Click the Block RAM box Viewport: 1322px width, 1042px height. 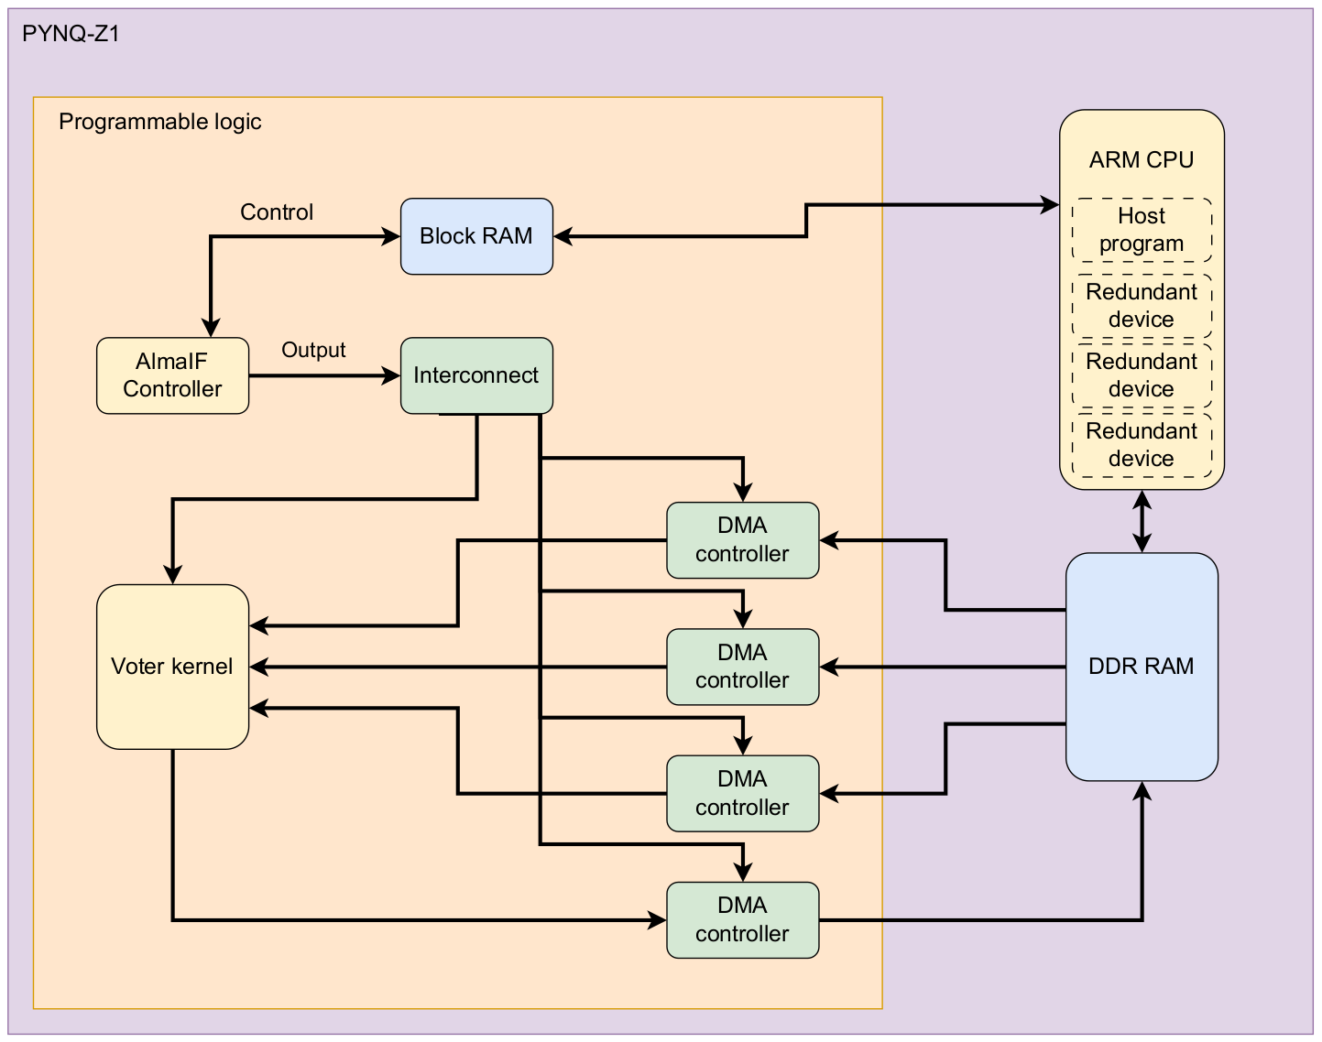tap(476, 236)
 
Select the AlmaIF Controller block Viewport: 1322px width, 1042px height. tap(172, 375)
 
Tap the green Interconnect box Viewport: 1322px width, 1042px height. tap(476, 375)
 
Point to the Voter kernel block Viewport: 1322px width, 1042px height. tap(172, 667)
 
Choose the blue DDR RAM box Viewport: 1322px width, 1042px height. tap(1142, 667)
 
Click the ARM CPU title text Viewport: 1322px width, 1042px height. tap(1142, 160)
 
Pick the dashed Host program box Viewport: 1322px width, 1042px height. tap(1142, 230)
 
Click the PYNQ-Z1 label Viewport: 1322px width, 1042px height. tap(71, 34)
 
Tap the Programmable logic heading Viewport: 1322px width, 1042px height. tap(160, 122)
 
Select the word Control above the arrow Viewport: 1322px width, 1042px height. tap(277, 212)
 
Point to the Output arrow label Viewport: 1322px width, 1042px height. tap(313, 350)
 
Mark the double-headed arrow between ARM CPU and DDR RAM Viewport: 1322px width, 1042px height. tap(1142, 521)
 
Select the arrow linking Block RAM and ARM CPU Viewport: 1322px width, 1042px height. tap(806, 220)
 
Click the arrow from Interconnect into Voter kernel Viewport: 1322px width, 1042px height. tap(321, 499)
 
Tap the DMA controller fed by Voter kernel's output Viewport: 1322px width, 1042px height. tap(742, 920)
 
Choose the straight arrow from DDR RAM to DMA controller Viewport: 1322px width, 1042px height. tap(944, 668)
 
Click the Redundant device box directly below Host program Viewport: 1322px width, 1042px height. tap(1142, 306)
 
